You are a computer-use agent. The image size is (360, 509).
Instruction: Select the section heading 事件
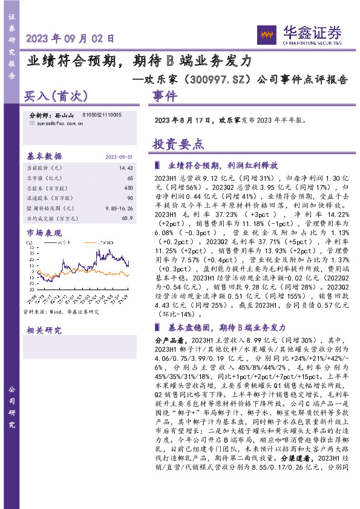[165, 96]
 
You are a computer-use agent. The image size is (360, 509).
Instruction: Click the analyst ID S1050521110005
[102, 114]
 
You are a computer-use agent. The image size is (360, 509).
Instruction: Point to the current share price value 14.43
[126, 167]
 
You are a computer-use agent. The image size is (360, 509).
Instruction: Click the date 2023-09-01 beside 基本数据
[119, 157]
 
